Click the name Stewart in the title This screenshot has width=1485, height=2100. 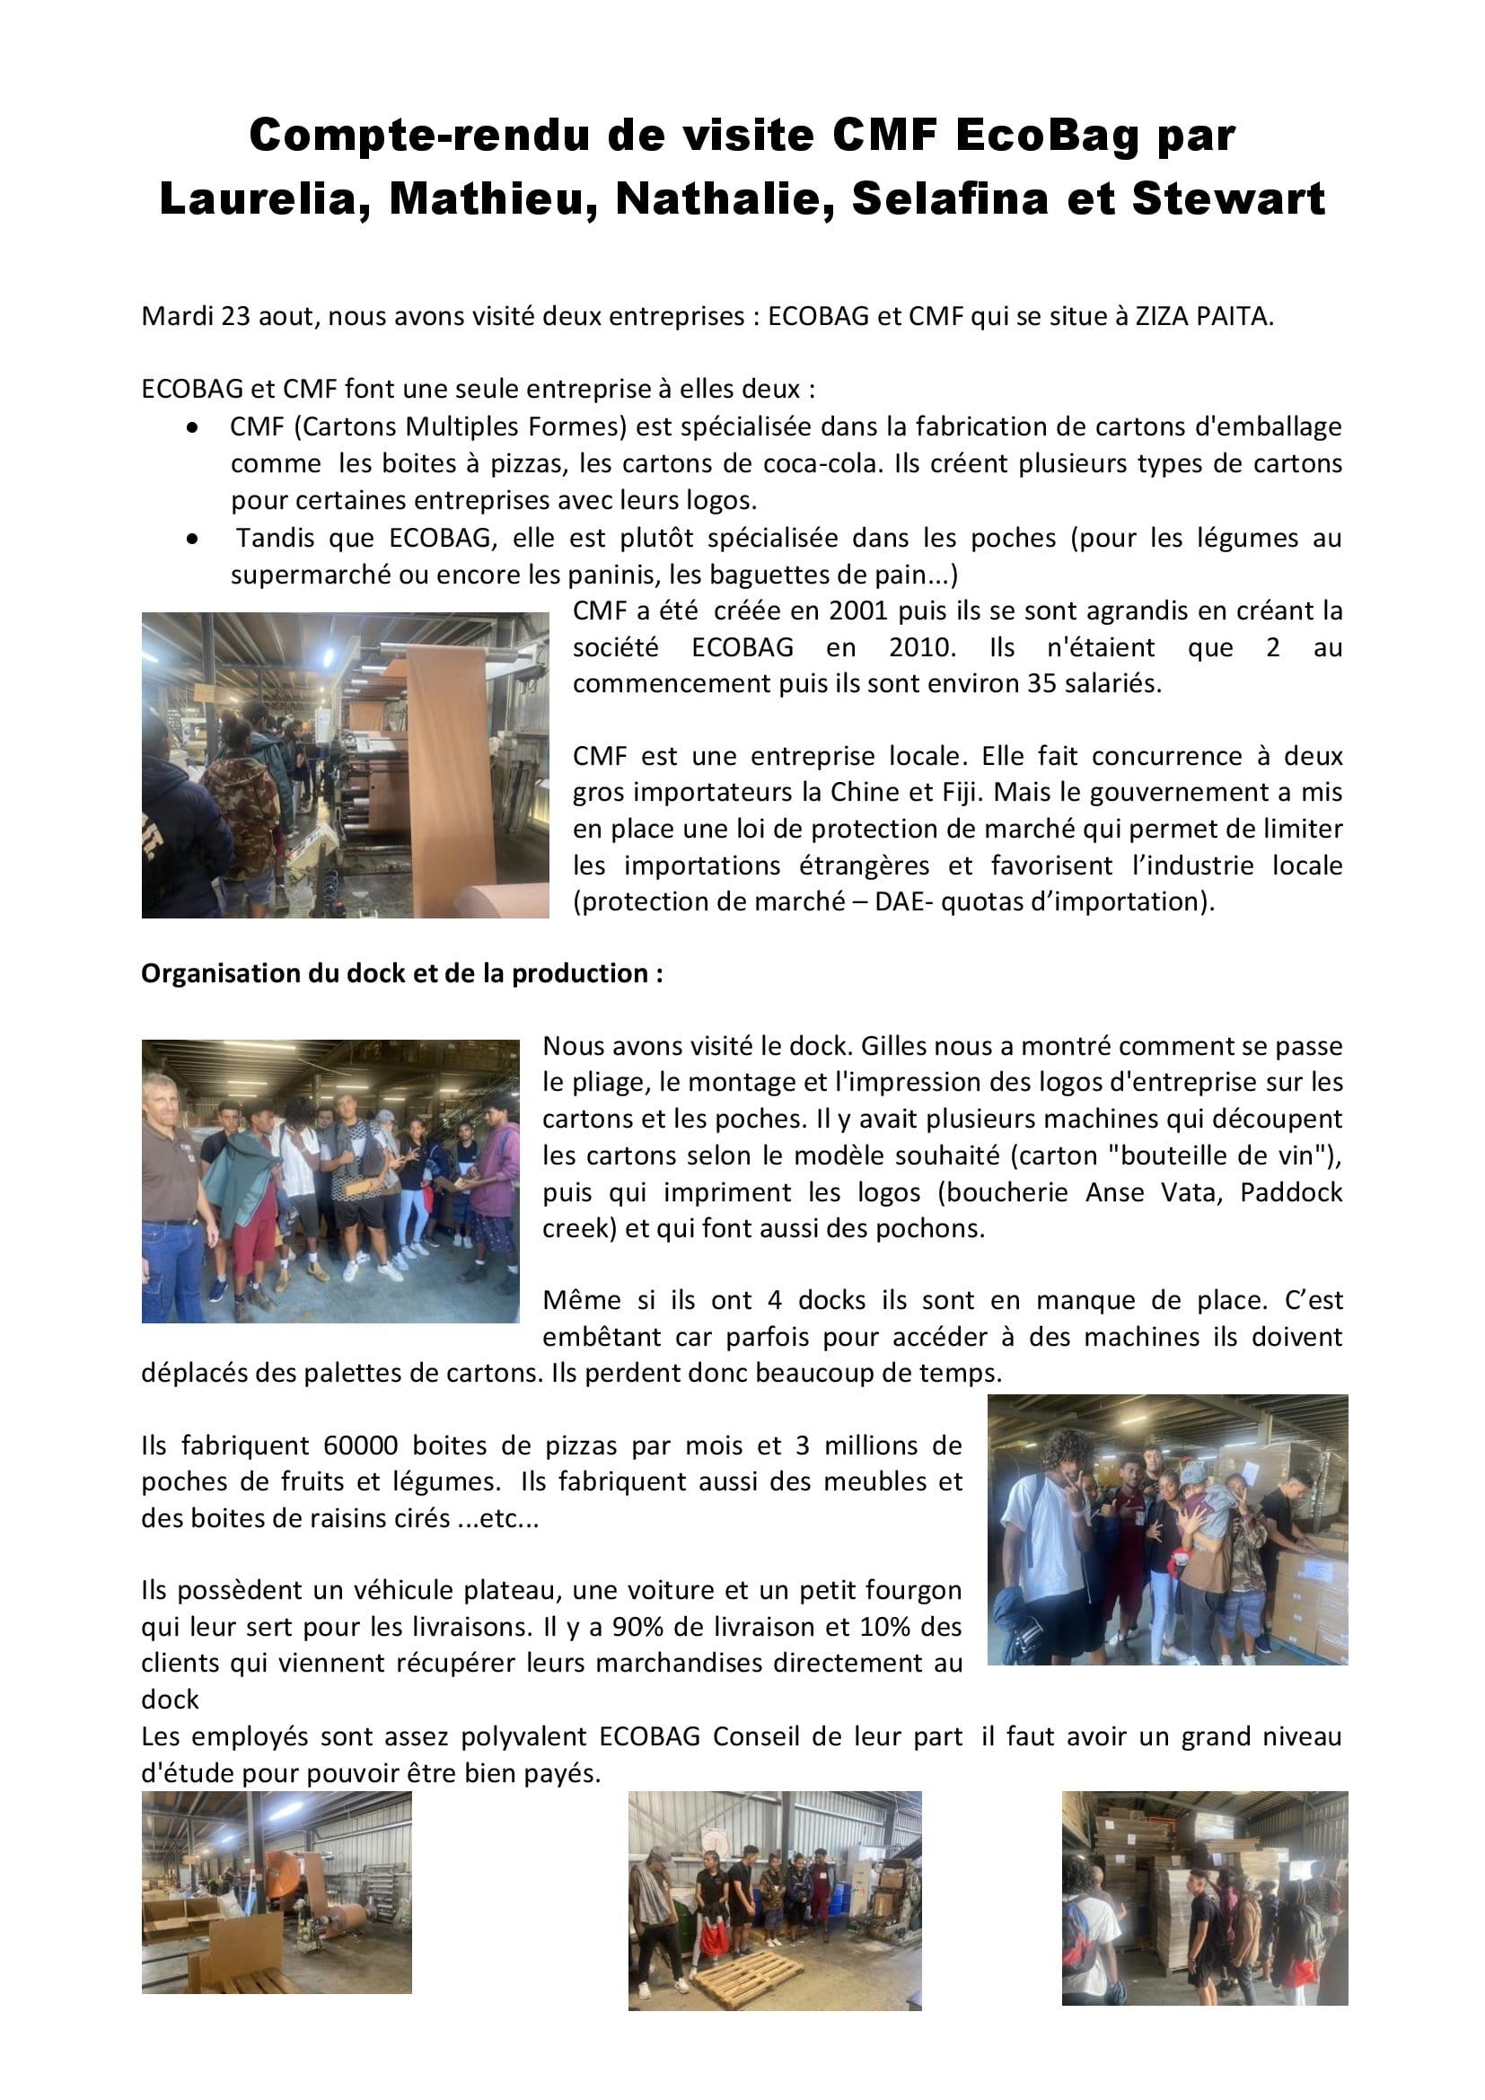[x=1228, y=199]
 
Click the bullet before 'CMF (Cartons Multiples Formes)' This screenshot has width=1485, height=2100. [x=192, y=427]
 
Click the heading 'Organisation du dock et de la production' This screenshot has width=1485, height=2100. [x=401, y=974]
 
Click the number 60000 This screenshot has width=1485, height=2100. [x=359, y=1446]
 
